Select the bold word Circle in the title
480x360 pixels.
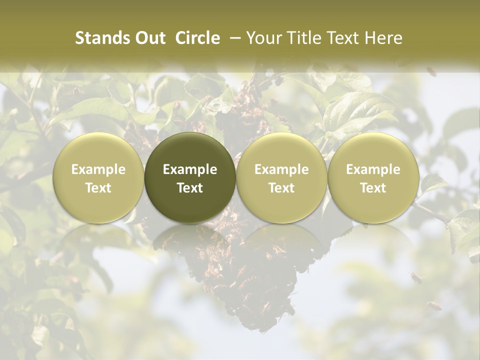pyautogui.click(x=197, y=38)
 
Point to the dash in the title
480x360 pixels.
pyautogui.click(x=233, y=38)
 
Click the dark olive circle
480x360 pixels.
pyautogui.click(x=190, y=177)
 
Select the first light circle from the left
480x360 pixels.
pyautogui.click(x=98, y=177)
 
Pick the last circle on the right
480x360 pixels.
pyautogui.click(x=373, y=177)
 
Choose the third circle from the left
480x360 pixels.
pyautogui.click(x=281, y=177)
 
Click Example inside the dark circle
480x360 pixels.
pyautogui.click(x=190, y=169)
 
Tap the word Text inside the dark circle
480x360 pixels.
pyautogui.click(x=190, y=188)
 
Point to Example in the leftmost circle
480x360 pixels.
pyautogui.click(x=98, y=169)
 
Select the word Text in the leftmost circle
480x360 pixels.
pyautogui.click(x=98, y=188)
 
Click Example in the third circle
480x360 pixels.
pyautogui.click(x=281, y=169)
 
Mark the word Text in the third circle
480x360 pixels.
pyautogui.click(x=281, y=188)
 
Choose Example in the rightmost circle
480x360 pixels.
pyautogui.click(x=373, y=169)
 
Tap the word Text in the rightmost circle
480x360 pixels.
pyautogui.click(x=373, y=188)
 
